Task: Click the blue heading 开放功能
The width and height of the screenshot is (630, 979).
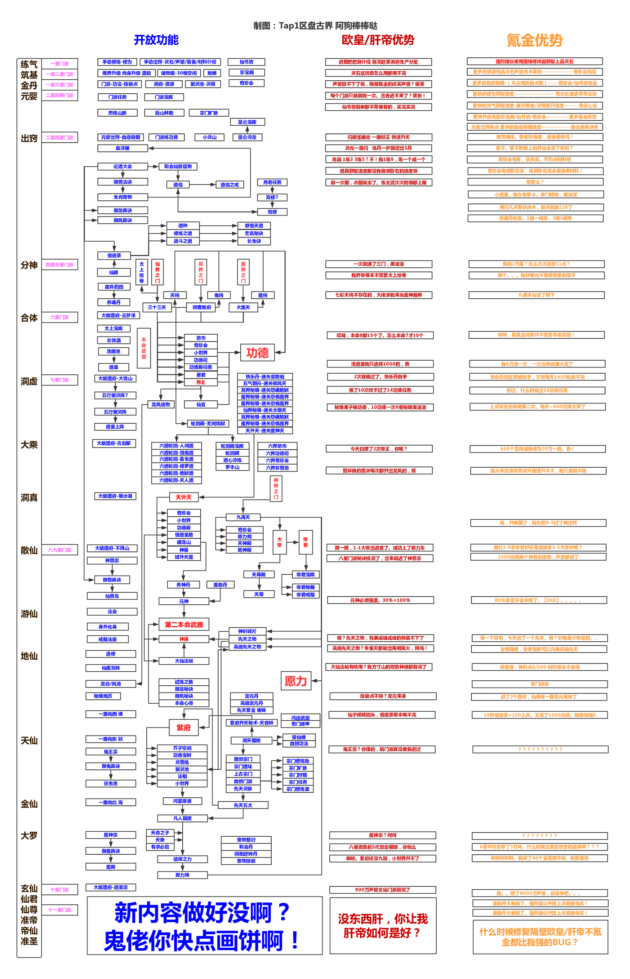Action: pos(156,40)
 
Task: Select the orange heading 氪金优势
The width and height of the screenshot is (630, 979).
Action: pos(534,40)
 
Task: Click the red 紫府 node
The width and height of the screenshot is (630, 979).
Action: pos(184,727)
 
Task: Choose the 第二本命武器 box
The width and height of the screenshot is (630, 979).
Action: pos(184,624)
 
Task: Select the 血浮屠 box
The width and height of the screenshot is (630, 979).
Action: pos(122,148)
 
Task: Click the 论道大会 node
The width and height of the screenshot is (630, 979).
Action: pos(122,167)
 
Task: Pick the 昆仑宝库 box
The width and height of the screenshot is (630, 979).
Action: pos(247,122)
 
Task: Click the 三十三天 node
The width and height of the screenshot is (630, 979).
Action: pos(157,307)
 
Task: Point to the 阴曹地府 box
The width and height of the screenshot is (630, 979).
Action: pos(202,307)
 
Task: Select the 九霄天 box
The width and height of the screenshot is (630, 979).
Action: pos(243,517)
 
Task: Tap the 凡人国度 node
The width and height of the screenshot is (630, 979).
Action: pos(183,818)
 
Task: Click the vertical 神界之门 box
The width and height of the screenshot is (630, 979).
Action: pos(276,488)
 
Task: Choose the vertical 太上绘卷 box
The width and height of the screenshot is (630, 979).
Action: pos(141,272)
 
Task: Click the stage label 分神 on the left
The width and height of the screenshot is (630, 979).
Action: pos(29,265)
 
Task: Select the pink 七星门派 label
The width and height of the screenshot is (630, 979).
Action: pos(60,380)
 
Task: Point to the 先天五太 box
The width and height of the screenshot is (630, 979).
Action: pos(243,805)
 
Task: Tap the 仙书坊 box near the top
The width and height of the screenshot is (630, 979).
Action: pos(246,62)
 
